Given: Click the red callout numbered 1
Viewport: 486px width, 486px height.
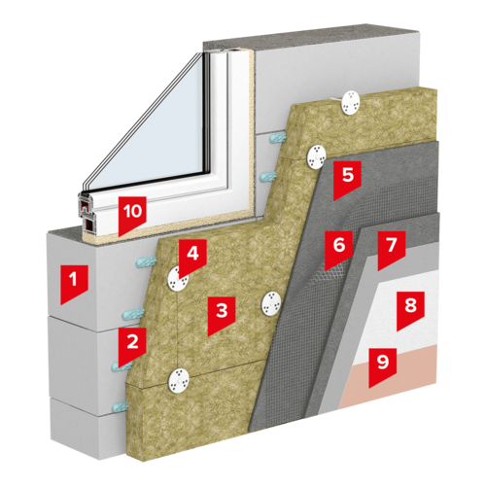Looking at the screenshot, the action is (74, 283).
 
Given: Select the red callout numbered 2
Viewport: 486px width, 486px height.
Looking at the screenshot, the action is (132, 345).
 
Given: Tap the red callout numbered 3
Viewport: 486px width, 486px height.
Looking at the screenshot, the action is (222, 314).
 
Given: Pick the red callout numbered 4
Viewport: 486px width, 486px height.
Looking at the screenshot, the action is (192, 257).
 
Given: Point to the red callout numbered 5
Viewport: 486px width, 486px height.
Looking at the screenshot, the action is (347, 178).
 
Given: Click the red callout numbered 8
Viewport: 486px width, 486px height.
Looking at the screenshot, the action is (410, 309).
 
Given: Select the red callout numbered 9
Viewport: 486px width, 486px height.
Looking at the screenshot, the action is (383, 365).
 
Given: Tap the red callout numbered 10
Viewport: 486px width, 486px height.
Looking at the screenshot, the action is (132, 214).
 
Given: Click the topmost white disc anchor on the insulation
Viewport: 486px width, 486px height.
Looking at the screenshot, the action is (351, 102).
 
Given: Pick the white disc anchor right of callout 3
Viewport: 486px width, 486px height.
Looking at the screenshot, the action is (271, 303).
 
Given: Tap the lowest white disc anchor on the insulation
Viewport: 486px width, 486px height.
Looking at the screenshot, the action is (179, 381).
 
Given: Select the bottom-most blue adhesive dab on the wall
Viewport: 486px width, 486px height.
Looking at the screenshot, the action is (120, 405).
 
